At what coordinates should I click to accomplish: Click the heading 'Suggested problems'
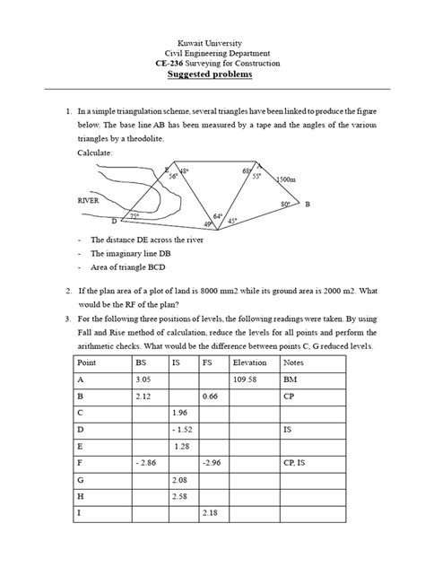click(212, 75)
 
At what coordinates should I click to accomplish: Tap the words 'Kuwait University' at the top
click(212, 42)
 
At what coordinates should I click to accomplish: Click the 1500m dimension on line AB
click(287, 179)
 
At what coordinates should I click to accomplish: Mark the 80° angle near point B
click(285, 205)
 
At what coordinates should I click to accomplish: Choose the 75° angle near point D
click(134, 216)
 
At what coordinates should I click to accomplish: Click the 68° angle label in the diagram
click(246, 170)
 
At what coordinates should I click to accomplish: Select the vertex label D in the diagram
click(113, 221)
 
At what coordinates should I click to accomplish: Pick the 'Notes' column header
click(293, 363)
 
